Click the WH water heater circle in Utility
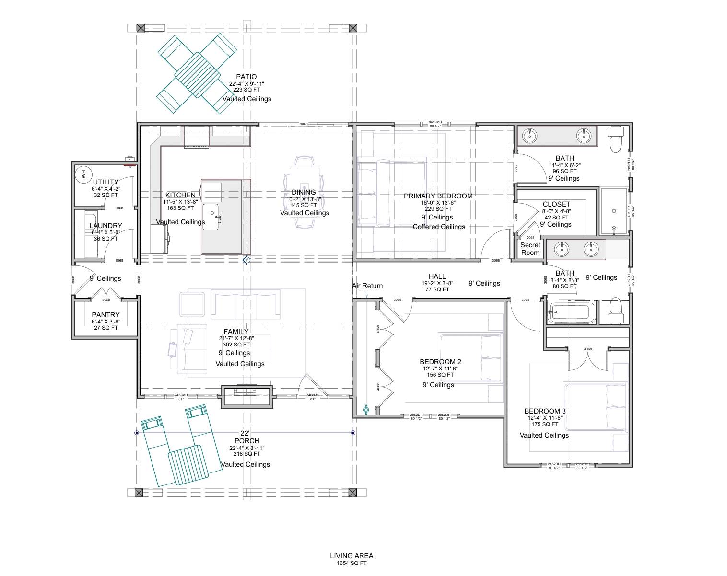tap(82, 174)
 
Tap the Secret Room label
tap(530, 249)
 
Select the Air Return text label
tap(367, 286)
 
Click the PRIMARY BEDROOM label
tap(438, 196)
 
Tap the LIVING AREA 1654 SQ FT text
tap(351, 559)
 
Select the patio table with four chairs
tap(197, 75)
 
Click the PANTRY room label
tap(106, 315)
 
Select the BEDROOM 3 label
tap(545, 411)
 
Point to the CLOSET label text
tap(556, 204)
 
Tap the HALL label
tap(437, 276)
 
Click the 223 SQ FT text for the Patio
tap(246, 90)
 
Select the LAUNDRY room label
tap(106, 226)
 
